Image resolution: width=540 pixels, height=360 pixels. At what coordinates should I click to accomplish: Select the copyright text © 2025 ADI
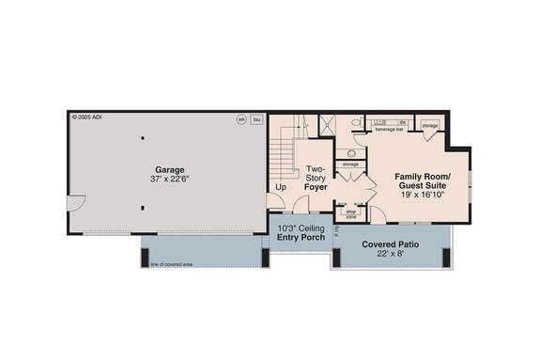click(92, 118)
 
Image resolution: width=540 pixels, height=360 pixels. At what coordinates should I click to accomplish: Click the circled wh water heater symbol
click(241, 119)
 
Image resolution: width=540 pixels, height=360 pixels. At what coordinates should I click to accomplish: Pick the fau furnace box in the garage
click(256, 119)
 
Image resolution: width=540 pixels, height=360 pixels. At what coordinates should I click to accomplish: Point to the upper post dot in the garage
click(142, 139)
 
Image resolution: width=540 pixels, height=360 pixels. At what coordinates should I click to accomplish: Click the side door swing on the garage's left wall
click(77, 203)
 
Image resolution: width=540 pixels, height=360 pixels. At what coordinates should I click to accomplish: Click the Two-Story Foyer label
click(316, 178)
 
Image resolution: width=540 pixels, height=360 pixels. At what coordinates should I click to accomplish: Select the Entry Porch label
click(301, 237)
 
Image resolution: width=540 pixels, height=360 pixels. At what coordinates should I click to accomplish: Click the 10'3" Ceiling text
click(301, 227)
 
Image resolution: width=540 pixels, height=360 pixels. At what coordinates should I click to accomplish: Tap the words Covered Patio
click(391, 243)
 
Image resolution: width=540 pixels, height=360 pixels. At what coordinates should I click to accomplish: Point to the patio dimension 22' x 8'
click(391, 255)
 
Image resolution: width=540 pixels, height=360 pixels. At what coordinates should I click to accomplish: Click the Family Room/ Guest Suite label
click(422, 182)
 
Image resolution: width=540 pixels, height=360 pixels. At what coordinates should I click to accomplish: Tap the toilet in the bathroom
click(355, 124)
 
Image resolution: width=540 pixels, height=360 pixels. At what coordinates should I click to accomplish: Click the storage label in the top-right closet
click(429, 125)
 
